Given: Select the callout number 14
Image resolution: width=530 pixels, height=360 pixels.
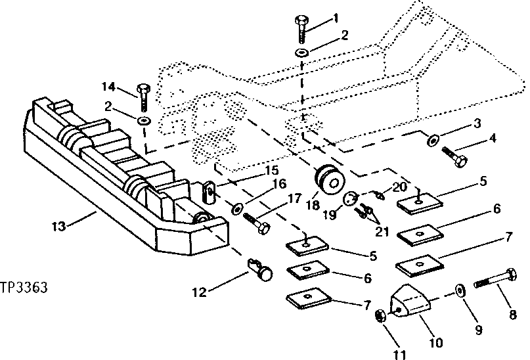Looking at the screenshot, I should coord(108,86).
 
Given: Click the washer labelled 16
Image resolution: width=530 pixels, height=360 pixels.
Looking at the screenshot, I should coord(236,210).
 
